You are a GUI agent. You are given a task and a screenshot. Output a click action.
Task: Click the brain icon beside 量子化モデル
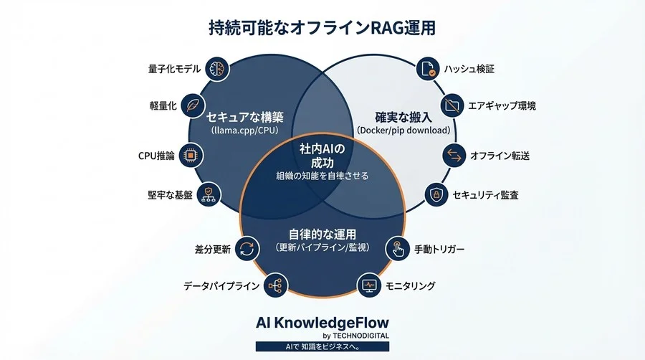point(216,69)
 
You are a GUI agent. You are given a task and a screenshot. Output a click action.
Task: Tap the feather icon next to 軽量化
point(193,105)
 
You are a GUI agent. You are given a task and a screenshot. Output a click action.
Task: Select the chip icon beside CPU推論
point(191,156)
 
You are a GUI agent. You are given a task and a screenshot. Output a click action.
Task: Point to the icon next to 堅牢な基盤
point(209,194)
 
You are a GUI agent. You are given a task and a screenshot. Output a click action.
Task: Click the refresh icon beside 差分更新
point(247,249)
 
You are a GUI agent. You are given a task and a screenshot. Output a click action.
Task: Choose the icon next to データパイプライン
point(275,285)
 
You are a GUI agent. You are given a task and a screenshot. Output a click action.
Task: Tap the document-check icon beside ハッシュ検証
point(428,69)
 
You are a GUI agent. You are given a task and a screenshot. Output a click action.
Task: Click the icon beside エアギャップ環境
point(452,105)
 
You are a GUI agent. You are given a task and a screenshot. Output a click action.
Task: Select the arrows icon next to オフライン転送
point(454,156)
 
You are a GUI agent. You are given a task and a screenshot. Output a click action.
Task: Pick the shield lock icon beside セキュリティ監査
point(436,194)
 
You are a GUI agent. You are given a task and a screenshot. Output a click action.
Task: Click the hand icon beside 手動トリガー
point(397,249)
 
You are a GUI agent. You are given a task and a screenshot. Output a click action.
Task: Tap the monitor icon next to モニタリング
point(368,285)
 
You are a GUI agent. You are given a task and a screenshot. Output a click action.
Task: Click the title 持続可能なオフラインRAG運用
point(322,28)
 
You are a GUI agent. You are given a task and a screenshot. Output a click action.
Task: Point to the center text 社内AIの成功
point(322,156)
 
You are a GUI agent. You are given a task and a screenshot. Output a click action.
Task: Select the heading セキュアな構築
point(245,118)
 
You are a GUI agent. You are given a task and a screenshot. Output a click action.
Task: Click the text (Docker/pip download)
point(403,131)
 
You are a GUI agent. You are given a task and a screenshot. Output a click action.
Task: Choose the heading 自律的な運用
point(322,235)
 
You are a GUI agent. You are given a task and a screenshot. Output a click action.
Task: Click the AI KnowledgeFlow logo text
point(322,323)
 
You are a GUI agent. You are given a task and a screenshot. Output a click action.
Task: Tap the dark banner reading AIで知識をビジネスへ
point(322,346)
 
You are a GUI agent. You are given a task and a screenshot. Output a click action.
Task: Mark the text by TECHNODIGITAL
point(355,336)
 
